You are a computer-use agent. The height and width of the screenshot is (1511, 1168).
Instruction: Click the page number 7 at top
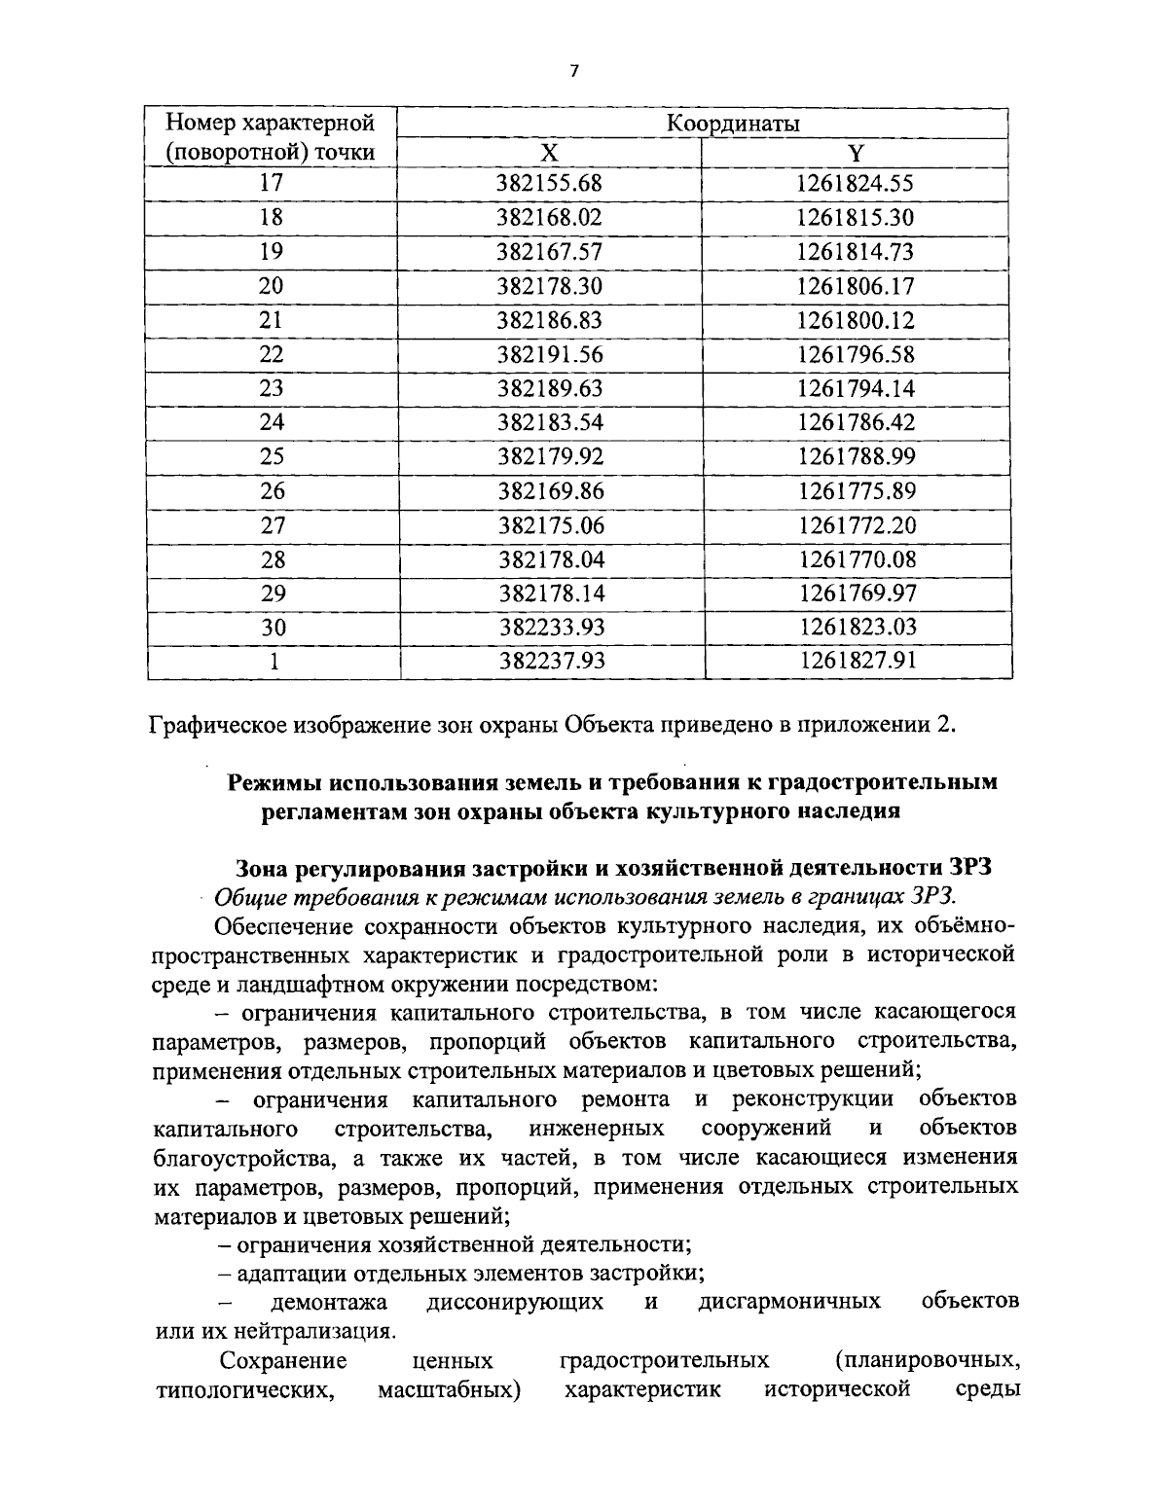tap(574, 70)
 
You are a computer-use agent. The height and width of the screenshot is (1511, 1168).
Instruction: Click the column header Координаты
tap(732, 124)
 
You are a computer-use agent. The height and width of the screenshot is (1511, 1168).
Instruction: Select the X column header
tap(550, 153)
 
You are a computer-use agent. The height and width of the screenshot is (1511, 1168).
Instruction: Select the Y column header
tap(855, 153)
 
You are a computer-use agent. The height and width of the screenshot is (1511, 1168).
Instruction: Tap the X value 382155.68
tap(550, 183)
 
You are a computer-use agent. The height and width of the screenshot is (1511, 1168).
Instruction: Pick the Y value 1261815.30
tap(856, 217)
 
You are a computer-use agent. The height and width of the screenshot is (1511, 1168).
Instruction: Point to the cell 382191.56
tap(550, 354)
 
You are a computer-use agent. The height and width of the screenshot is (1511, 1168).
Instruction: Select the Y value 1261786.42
tap(857, 422)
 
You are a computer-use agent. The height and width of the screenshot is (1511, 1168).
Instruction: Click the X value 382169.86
tap(551, 491)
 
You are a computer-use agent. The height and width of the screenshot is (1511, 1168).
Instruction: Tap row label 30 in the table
tap(274, 628)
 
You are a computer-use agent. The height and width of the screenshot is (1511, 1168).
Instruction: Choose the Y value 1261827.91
tap(858, 662)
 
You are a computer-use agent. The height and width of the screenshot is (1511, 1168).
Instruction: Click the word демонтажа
tap(328, 1302)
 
